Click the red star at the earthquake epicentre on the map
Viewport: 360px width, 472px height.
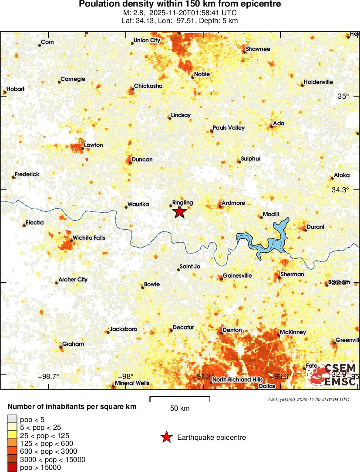click(179, 212)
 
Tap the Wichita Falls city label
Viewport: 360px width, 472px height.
click(89, 238)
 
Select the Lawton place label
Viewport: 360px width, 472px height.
click(93, 145)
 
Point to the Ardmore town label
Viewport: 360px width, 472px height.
click(233, 203)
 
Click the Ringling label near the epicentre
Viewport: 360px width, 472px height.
click(182, 203)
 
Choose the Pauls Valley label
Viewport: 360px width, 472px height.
click(229, 128)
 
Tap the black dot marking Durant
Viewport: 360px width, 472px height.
click(305, 229)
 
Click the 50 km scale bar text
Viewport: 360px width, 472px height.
click(180, 408)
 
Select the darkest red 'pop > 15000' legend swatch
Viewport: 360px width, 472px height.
click(13, 468)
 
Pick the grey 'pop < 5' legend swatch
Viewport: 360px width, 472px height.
click(13, 419)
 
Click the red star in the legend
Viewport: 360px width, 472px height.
click(166, 438)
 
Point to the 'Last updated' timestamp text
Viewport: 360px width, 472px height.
click(308, 399)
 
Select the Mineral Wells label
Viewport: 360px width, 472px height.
click(132, 383)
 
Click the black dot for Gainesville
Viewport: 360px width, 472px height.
click(221, 278)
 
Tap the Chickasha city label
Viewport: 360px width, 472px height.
click(148, 86)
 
